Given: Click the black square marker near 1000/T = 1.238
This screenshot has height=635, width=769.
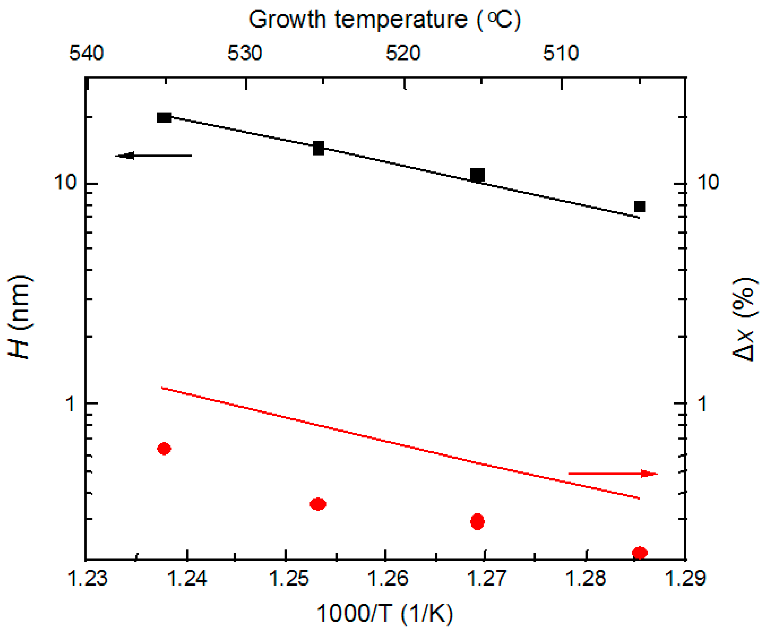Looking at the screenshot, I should pos(164,117).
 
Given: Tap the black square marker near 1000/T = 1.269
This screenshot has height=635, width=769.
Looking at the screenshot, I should pos(477,175).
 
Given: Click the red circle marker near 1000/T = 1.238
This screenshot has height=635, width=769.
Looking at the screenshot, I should pos(164,449).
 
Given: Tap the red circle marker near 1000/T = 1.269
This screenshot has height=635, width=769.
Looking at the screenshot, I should pos(477,522).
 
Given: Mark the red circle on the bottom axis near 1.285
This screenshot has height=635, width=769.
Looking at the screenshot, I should pos(639,553).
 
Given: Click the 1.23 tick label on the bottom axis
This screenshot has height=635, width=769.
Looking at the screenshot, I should pos(87,579).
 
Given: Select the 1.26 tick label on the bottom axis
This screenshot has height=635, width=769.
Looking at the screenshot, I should pos(387,579).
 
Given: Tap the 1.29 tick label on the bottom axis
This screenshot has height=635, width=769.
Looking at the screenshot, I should pos(684,579).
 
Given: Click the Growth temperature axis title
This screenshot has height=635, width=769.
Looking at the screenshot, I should pos(384,19).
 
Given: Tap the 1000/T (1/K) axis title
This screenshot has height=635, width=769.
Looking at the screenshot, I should pos(384,613).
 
